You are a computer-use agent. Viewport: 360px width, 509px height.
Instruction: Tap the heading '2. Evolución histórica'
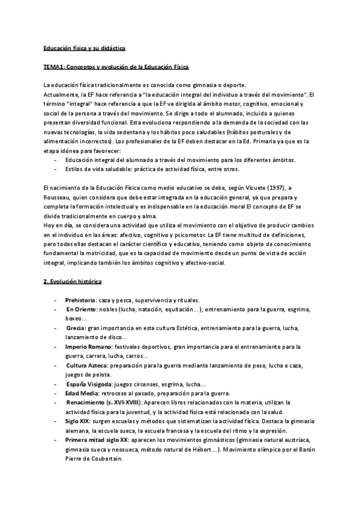pyautogui.click(x=73, y=281)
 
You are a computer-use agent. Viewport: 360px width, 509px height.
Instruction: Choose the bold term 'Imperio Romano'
pyautogui.click(x=88, y=347)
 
